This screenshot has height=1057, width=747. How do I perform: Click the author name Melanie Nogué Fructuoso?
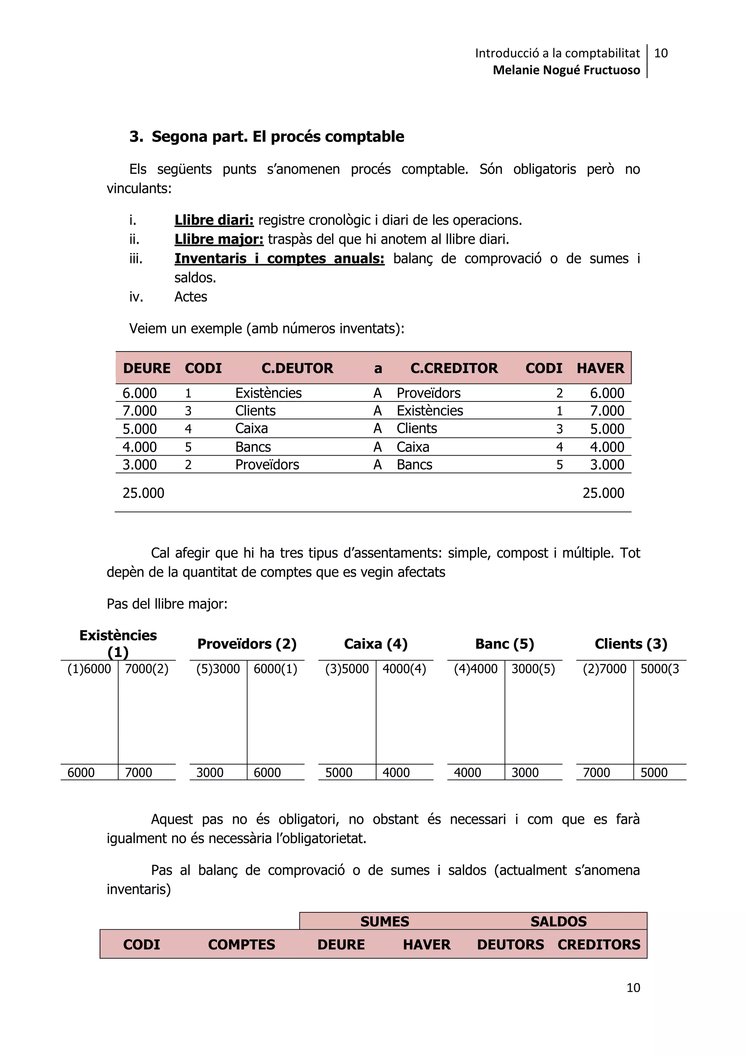tap(566, 70)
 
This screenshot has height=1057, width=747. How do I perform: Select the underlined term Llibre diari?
tap(214, 220)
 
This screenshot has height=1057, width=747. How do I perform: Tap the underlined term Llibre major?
tap(218, 239)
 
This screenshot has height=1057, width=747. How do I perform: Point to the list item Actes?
tap(190, 297)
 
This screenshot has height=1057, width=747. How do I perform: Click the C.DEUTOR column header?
tap(297, 368)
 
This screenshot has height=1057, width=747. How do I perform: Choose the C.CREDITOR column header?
tap(454, 368)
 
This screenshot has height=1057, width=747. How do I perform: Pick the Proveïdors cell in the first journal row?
tap(428, 393)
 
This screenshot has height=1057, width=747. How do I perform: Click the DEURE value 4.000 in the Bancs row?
tap(139, 447)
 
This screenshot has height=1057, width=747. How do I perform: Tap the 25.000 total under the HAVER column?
tap(603, 493)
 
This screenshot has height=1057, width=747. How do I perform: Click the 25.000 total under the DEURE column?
tap(143, 493)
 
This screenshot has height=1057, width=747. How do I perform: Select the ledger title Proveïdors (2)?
tap(247, 643)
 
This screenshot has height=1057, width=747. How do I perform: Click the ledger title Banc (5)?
tap(504, 643)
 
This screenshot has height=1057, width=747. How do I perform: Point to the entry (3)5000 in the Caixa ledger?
tap(347, 669)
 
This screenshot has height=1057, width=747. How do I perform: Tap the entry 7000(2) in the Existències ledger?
tap(147, 669)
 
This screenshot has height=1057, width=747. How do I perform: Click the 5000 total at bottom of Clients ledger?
tap(654, 773)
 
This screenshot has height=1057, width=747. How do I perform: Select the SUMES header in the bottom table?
tap(384, 921)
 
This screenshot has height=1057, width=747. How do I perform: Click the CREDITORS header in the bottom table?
tap(599, 945)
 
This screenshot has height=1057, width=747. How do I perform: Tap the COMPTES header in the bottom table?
tap(241, 945)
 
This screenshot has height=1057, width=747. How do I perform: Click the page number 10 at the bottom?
tap(633, 988)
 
